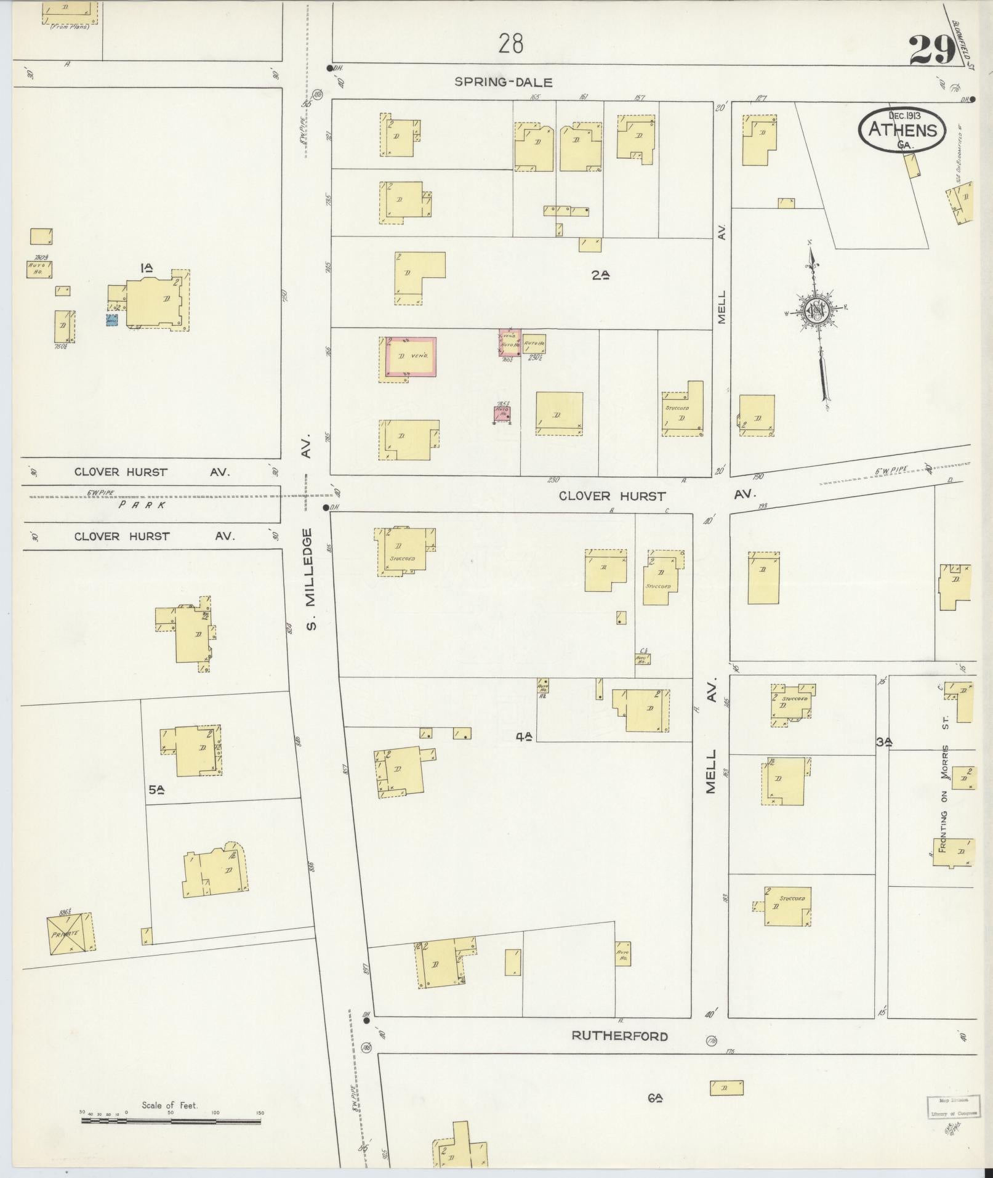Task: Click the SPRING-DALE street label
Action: tap(504, 82)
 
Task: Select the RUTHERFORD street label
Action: tap(619, 1036)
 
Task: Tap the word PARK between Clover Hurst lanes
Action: tap(143, 504)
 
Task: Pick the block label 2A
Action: tap(600, 276)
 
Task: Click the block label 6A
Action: tap(655, 1097)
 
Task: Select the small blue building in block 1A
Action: tap(111, 321)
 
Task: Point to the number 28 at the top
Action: tap(511, 44)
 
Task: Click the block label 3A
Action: tap(884, 743)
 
